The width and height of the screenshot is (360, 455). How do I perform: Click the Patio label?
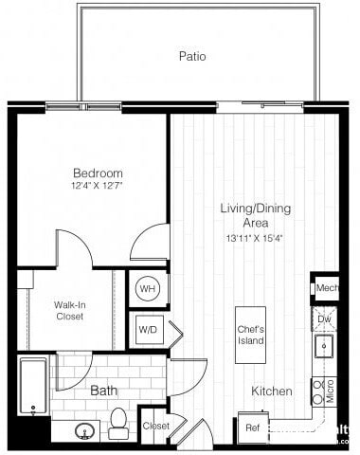[192, 57]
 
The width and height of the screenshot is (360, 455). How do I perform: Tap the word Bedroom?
[99, 173]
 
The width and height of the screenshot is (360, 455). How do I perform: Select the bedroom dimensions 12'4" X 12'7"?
[99, 186]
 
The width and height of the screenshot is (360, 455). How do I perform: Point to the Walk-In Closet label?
[68, 310]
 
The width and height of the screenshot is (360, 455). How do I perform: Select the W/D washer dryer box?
[149, 331]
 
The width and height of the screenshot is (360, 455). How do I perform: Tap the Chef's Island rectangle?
[251, 335]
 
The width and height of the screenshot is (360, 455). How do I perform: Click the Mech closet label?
[327, 287]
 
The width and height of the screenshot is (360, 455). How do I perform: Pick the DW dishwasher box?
[325, 319]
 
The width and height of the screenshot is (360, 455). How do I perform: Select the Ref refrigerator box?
[252, 428]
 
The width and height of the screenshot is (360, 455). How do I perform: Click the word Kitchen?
[271, 391]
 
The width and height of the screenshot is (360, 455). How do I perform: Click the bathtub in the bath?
[33, 386]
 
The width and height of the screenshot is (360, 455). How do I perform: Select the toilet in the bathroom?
[119, 422]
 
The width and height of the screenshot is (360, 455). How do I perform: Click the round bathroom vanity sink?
[84, 430]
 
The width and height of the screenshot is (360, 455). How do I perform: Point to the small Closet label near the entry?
[155, 427]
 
